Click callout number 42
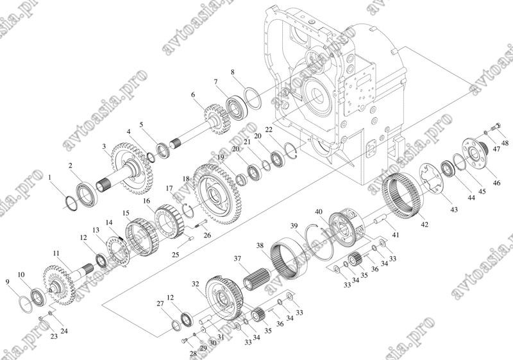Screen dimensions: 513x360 tap(425, 225)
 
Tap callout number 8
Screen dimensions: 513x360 tap(233, 72)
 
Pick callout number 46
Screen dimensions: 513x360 tap(496, 183)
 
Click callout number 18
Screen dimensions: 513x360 tap(186, 179)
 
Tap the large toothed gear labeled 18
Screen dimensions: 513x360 tap(217, 194)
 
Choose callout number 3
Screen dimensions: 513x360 tap(104, 146)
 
